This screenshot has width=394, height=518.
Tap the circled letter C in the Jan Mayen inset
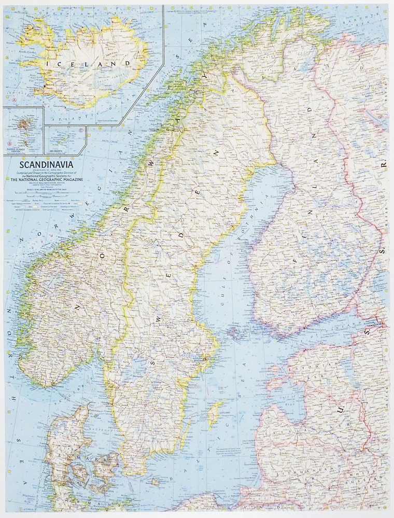tap(82, 130)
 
